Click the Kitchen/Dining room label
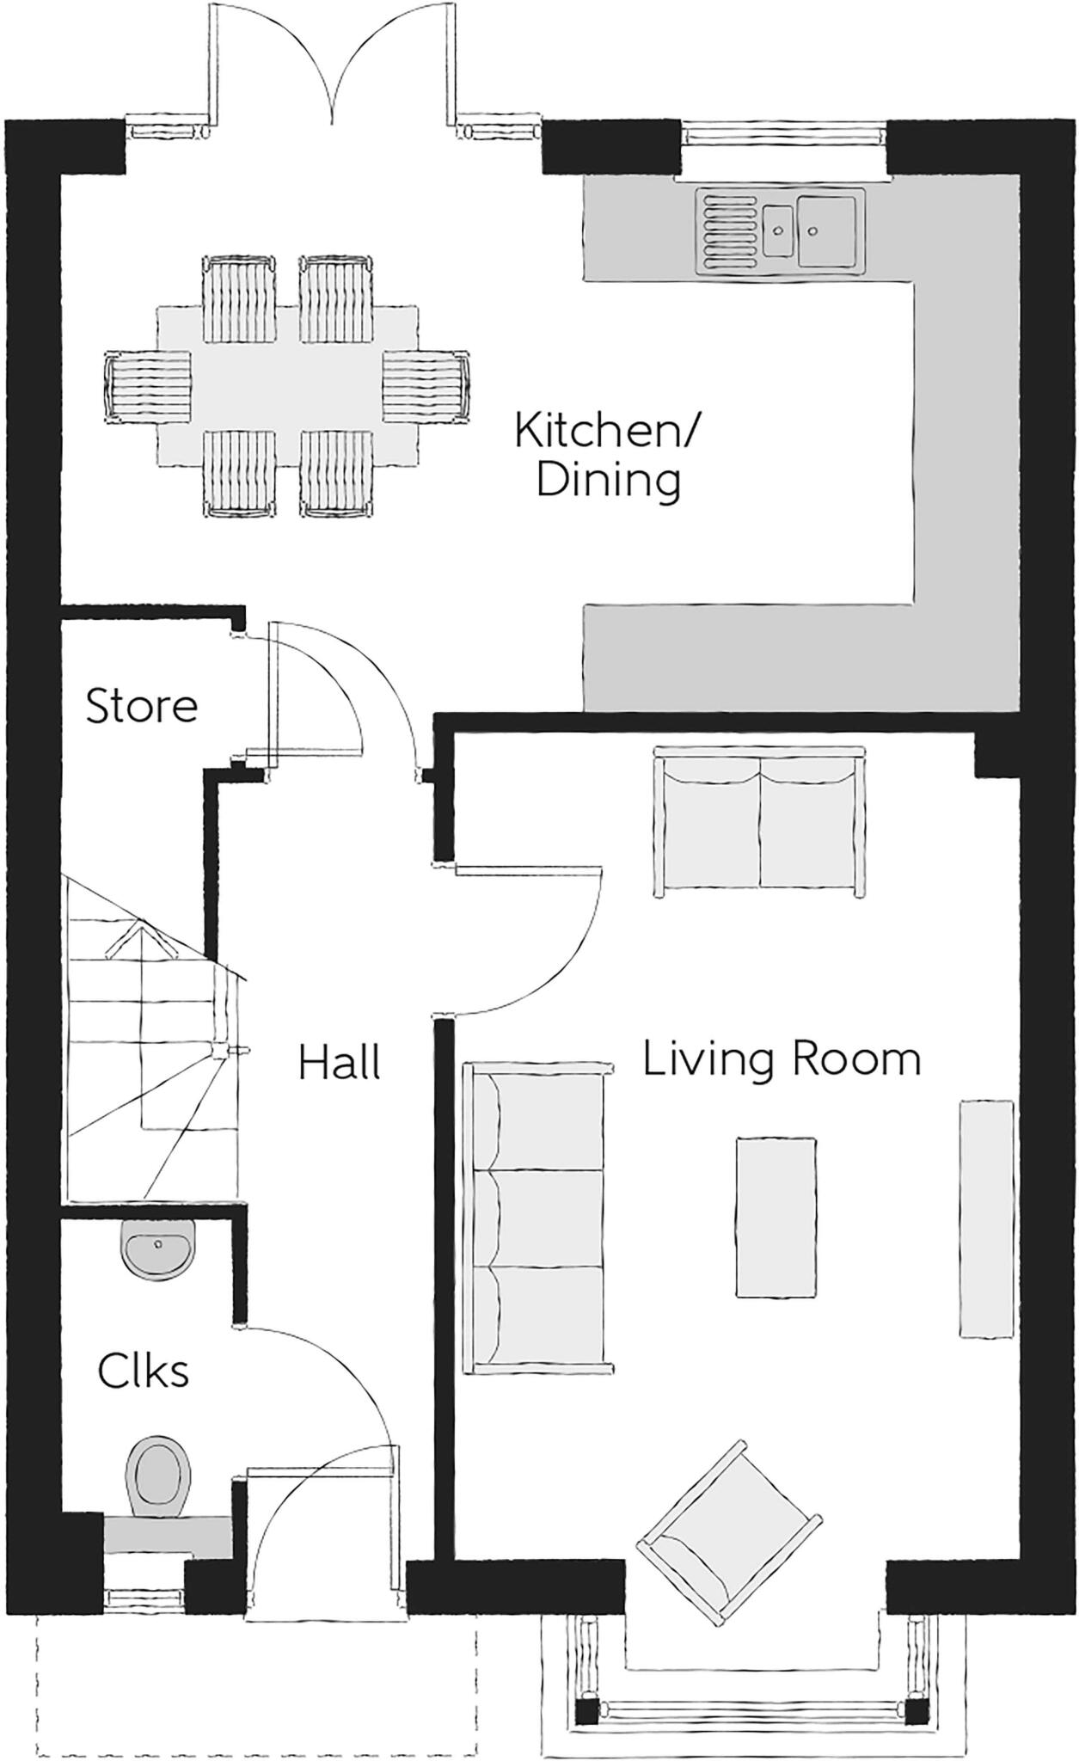click(607, 455)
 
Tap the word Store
click(142, 706)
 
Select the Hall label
click(340, 1063)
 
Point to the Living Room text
click(782, 1058)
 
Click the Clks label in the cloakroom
click(144, 1371)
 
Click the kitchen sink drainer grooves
click(730, 230)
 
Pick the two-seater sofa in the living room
click(759, 822)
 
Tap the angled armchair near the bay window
click(727, 1531)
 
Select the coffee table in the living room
click(776, 1217)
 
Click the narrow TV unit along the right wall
click(986, 1218)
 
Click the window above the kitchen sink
click(782, 133)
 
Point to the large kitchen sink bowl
click(827, 230)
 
